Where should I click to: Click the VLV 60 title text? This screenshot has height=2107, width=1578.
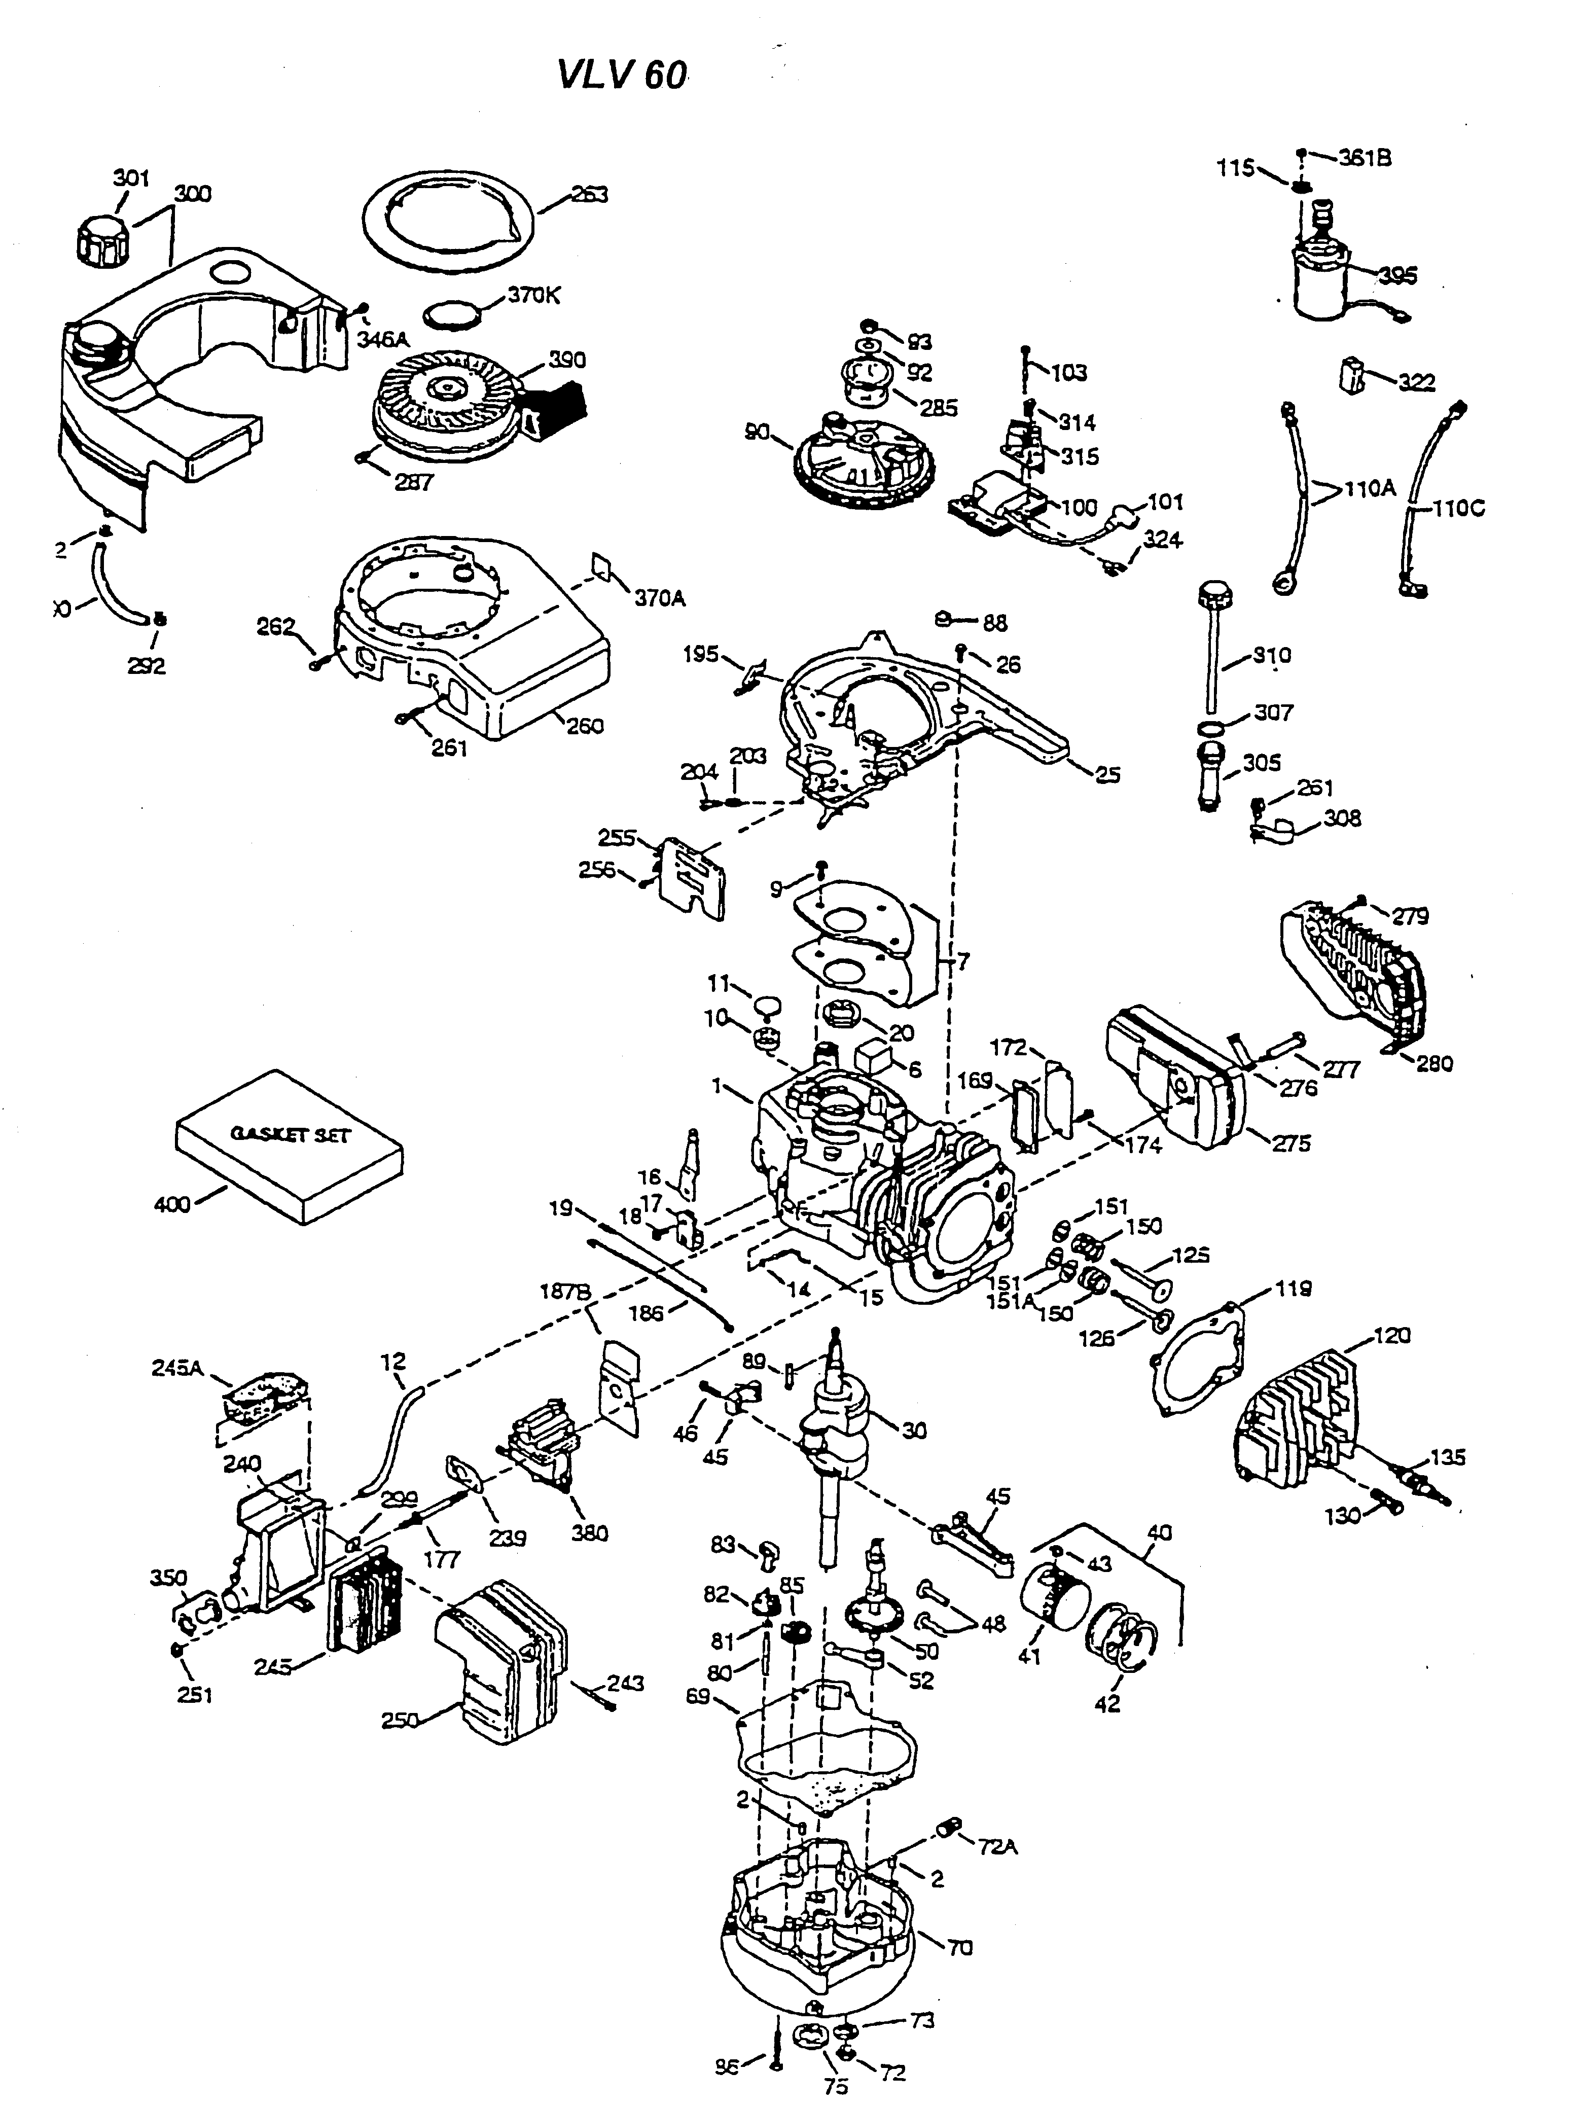tap(621, 75)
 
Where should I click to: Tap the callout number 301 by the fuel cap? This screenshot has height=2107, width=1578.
tap(131, 178)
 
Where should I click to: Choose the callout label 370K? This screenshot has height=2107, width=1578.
tap(533, 295)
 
